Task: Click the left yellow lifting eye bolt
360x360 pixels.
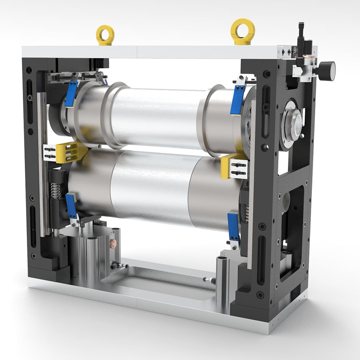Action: click(105, 35)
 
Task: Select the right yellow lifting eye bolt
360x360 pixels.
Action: click(243, 31)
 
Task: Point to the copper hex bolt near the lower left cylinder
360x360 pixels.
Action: click(113, 243)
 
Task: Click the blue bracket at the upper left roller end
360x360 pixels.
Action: click(72, 94)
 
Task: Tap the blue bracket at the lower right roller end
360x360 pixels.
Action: click(233, 227)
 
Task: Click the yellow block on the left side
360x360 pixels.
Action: click(70, 152)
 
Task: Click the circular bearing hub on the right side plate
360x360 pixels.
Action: click(293, 125)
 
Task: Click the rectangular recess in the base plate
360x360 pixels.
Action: click(160, 280)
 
